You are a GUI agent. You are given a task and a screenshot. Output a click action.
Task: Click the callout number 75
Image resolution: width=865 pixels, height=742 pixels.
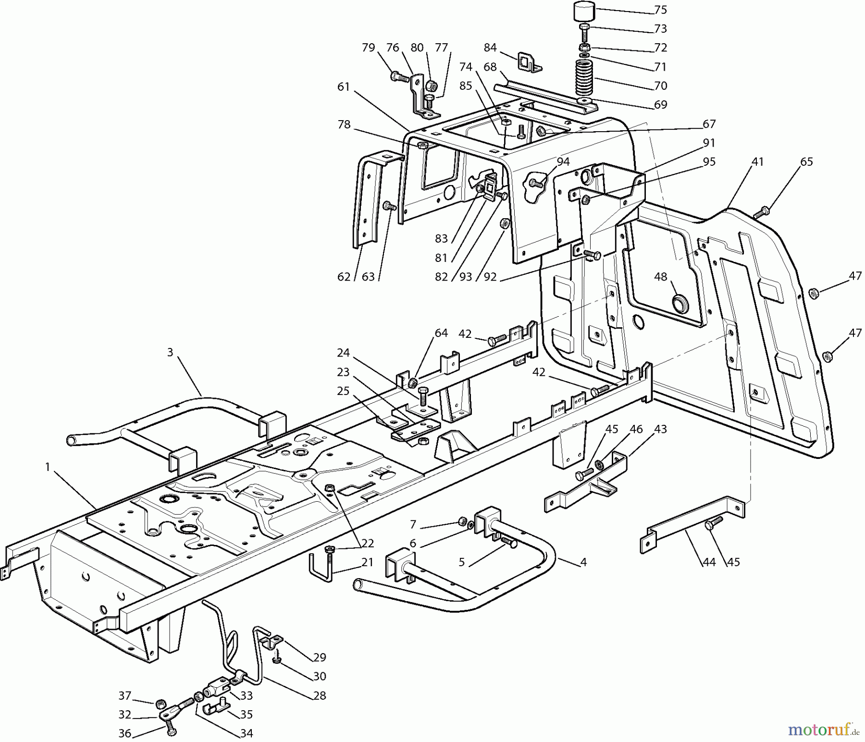[661, 10]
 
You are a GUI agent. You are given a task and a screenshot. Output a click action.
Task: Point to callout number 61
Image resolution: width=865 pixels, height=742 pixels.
[344, 87]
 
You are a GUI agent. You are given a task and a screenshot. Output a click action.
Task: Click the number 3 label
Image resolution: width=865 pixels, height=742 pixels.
[170, 352]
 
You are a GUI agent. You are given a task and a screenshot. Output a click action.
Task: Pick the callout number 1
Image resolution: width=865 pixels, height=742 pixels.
[48, 467]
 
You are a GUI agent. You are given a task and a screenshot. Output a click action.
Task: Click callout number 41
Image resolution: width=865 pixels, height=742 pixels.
[757, 162]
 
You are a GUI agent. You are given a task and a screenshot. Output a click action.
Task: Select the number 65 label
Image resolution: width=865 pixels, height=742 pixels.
[806, 162]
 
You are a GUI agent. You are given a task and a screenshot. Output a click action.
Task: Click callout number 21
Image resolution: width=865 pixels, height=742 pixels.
[368, 562]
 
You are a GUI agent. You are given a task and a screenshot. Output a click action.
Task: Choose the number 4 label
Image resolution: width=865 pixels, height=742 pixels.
[583, 562]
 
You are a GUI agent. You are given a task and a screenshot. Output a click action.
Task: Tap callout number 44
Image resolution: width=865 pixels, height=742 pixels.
[709, 562]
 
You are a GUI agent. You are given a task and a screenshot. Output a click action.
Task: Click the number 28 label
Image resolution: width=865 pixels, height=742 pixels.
[320, 695]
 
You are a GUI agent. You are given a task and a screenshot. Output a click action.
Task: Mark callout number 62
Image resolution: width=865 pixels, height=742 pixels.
[344, 277]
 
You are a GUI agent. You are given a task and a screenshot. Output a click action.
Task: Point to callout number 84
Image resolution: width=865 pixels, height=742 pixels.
[490, 48]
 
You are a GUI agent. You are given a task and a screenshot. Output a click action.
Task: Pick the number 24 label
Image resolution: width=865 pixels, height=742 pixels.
[343, 353]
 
